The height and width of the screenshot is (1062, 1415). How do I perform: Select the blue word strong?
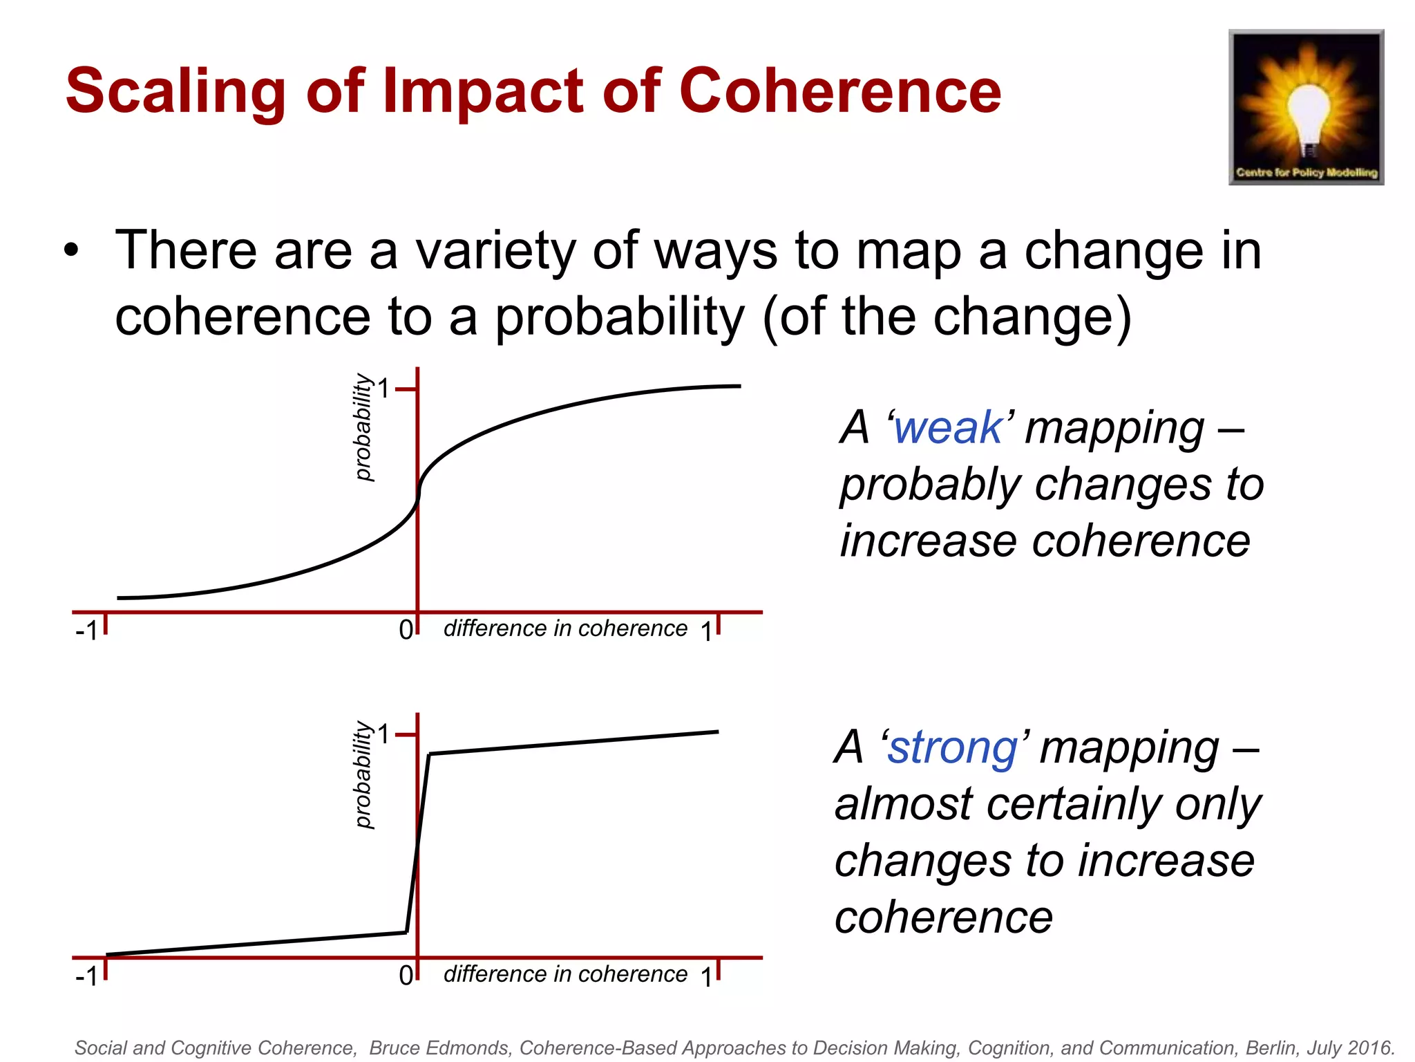pyautogui.click(x=952, y=747)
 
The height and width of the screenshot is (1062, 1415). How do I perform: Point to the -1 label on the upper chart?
pyautogui.click(x=87, y=631)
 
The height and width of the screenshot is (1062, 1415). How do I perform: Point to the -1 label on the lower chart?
pyautogui.click(x=87, y=976)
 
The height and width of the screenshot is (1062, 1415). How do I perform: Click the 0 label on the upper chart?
pyautogui.click(x=406, y=630)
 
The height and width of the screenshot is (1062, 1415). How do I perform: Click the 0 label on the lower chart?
pyautogui.click(x=406, y=976)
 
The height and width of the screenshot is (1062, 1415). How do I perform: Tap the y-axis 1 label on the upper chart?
pyautogui.click(x=383, y=389)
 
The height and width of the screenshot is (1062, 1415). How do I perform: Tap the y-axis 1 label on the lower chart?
pyautogui.click(x=383, y=734)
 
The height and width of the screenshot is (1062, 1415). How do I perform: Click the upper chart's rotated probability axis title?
pyautogui.click(x=363, y=427)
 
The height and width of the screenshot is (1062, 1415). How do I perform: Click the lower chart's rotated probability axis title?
pyautogui.click(x=363, y=774)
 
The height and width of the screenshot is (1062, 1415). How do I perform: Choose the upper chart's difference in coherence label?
pyautogui.click(x=565, y=628)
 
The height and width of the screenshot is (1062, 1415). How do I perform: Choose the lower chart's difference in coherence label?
pyautogui.click(x=565, y=974)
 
